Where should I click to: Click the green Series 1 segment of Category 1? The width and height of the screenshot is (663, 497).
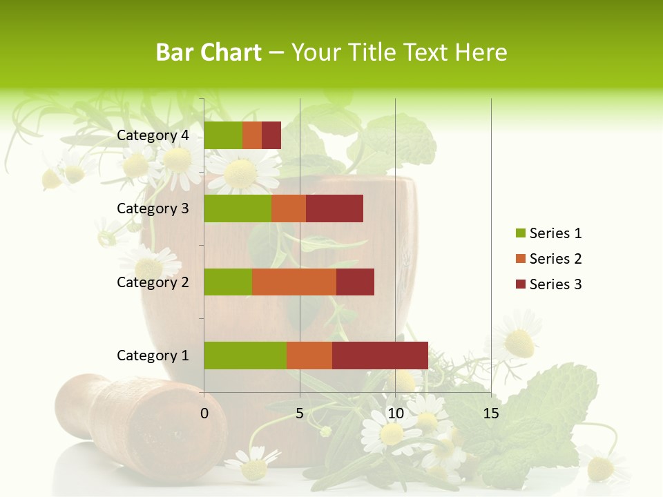pyautogui.click(x=245, y=355)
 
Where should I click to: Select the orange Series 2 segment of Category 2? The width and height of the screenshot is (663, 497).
pyautogui.click(x=294, y=282)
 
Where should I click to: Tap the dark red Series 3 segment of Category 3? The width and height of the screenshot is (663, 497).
pyautogui.click(x=334, y=208)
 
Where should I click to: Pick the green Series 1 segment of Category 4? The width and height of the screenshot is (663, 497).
pyautogui.click(x=223, y=135)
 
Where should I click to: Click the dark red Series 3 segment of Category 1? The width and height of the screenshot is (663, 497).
pyautogui.click(x=380, y=355)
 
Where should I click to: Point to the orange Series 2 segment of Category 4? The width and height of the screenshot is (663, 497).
pyautogui.click(x=252, y=135)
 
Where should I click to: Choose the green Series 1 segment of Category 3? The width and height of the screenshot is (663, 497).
pyautogui.click(x=238, y=208)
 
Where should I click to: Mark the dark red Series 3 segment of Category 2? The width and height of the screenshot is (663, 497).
pyautogui.click(x=355, y=282)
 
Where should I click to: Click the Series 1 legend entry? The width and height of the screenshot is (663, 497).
pyautogui.click(x=549, y=233)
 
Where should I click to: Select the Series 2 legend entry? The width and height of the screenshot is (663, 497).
pyautogui.click(x=549, y=259)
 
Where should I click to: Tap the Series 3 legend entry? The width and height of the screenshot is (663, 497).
pyautogui.click(x=549, y=284)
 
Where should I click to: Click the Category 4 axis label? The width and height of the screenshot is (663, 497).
pyautogui.click(x=153, y=135)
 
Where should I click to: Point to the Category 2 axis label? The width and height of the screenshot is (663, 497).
pyautogui.click(x=153, y=282)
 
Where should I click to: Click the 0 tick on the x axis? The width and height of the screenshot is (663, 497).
pyautogui.click(x=204, y=413)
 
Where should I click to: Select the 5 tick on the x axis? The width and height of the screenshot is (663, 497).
pyautogui.click(x=300, y=413)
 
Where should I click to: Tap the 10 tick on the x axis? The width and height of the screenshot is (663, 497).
pyautogui.click(x=395, y=413)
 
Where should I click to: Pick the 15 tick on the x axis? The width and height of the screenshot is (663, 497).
pyautogui.click(x=491, y=413)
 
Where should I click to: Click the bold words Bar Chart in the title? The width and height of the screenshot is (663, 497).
pyautogui.click(x=209, y=52)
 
